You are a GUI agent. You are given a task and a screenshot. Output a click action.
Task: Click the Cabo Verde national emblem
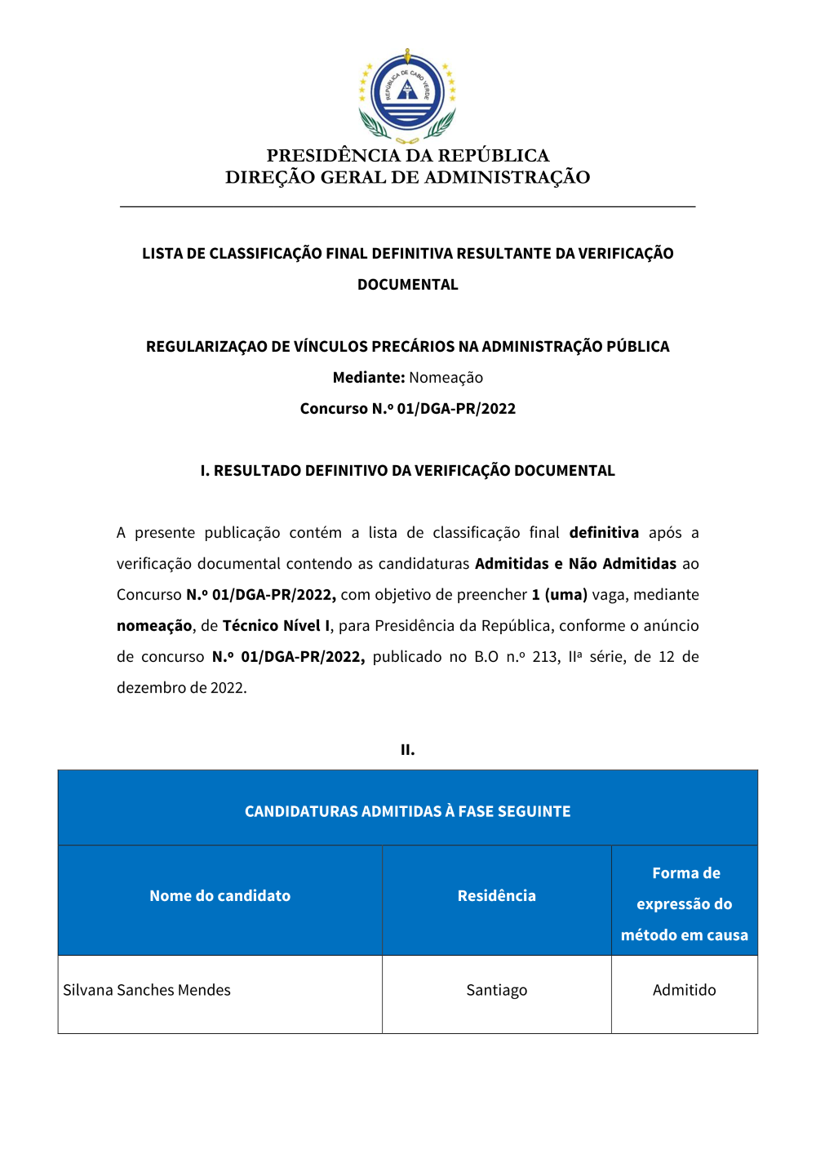click(x=407, y=95)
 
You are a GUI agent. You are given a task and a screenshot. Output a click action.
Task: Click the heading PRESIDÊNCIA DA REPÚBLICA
click(x=407, y=155)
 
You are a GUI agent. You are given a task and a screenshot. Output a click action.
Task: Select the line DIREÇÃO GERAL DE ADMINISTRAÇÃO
click(x=407, y=177)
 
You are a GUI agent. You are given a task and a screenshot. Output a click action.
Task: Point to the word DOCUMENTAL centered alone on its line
click(x=407, y=285)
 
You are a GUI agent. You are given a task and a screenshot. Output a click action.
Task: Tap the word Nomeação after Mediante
click(x=446, y=378)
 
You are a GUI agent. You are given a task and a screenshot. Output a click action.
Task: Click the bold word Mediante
click(x=368, y=378)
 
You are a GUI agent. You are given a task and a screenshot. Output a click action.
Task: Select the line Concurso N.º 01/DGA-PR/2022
click(x=407, y=409)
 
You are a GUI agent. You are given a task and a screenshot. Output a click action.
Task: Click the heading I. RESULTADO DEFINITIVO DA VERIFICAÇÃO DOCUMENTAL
click(x=407, y=471)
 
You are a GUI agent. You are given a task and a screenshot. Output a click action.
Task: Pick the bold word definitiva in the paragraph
click(x=604, y=533)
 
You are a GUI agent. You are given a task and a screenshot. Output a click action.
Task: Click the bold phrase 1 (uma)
click(x=559, y=595)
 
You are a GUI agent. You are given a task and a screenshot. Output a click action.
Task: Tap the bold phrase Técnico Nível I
click(x=276, y=626)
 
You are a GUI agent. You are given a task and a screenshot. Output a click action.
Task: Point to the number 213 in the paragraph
click(x=546, y=657)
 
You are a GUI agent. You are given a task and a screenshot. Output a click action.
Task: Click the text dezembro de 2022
click(x=181, y=688)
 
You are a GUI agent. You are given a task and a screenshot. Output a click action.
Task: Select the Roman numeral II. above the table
click(x=407, y=750)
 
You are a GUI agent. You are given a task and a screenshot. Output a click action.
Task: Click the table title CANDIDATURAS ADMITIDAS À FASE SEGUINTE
click(x=407, y=811)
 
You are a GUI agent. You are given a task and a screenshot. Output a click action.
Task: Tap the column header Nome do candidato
click(x=220, y=896)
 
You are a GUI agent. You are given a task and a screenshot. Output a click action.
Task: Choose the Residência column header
click(x=496, y=896)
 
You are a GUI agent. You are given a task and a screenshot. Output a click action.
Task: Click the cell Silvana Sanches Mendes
click(x=147, y=990)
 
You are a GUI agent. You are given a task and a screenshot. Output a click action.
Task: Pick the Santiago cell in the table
click(x=496, y=990)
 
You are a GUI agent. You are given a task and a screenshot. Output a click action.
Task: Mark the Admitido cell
click(x=684, y=990)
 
